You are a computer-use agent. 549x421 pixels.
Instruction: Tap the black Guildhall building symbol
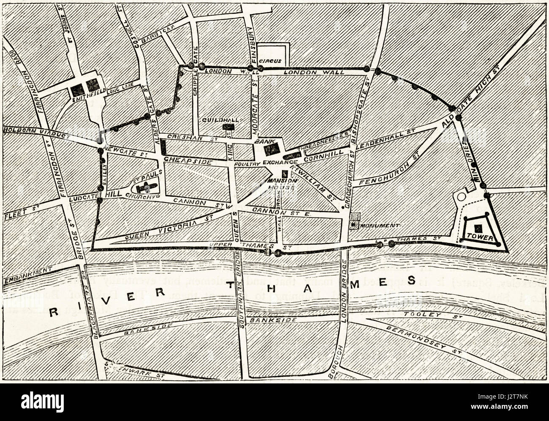pos(228,127)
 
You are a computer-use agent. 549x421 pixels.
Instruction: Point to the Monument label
pos(374,225)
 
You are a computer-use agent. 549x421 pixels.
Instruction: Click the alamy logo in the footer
pos(42,401)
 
